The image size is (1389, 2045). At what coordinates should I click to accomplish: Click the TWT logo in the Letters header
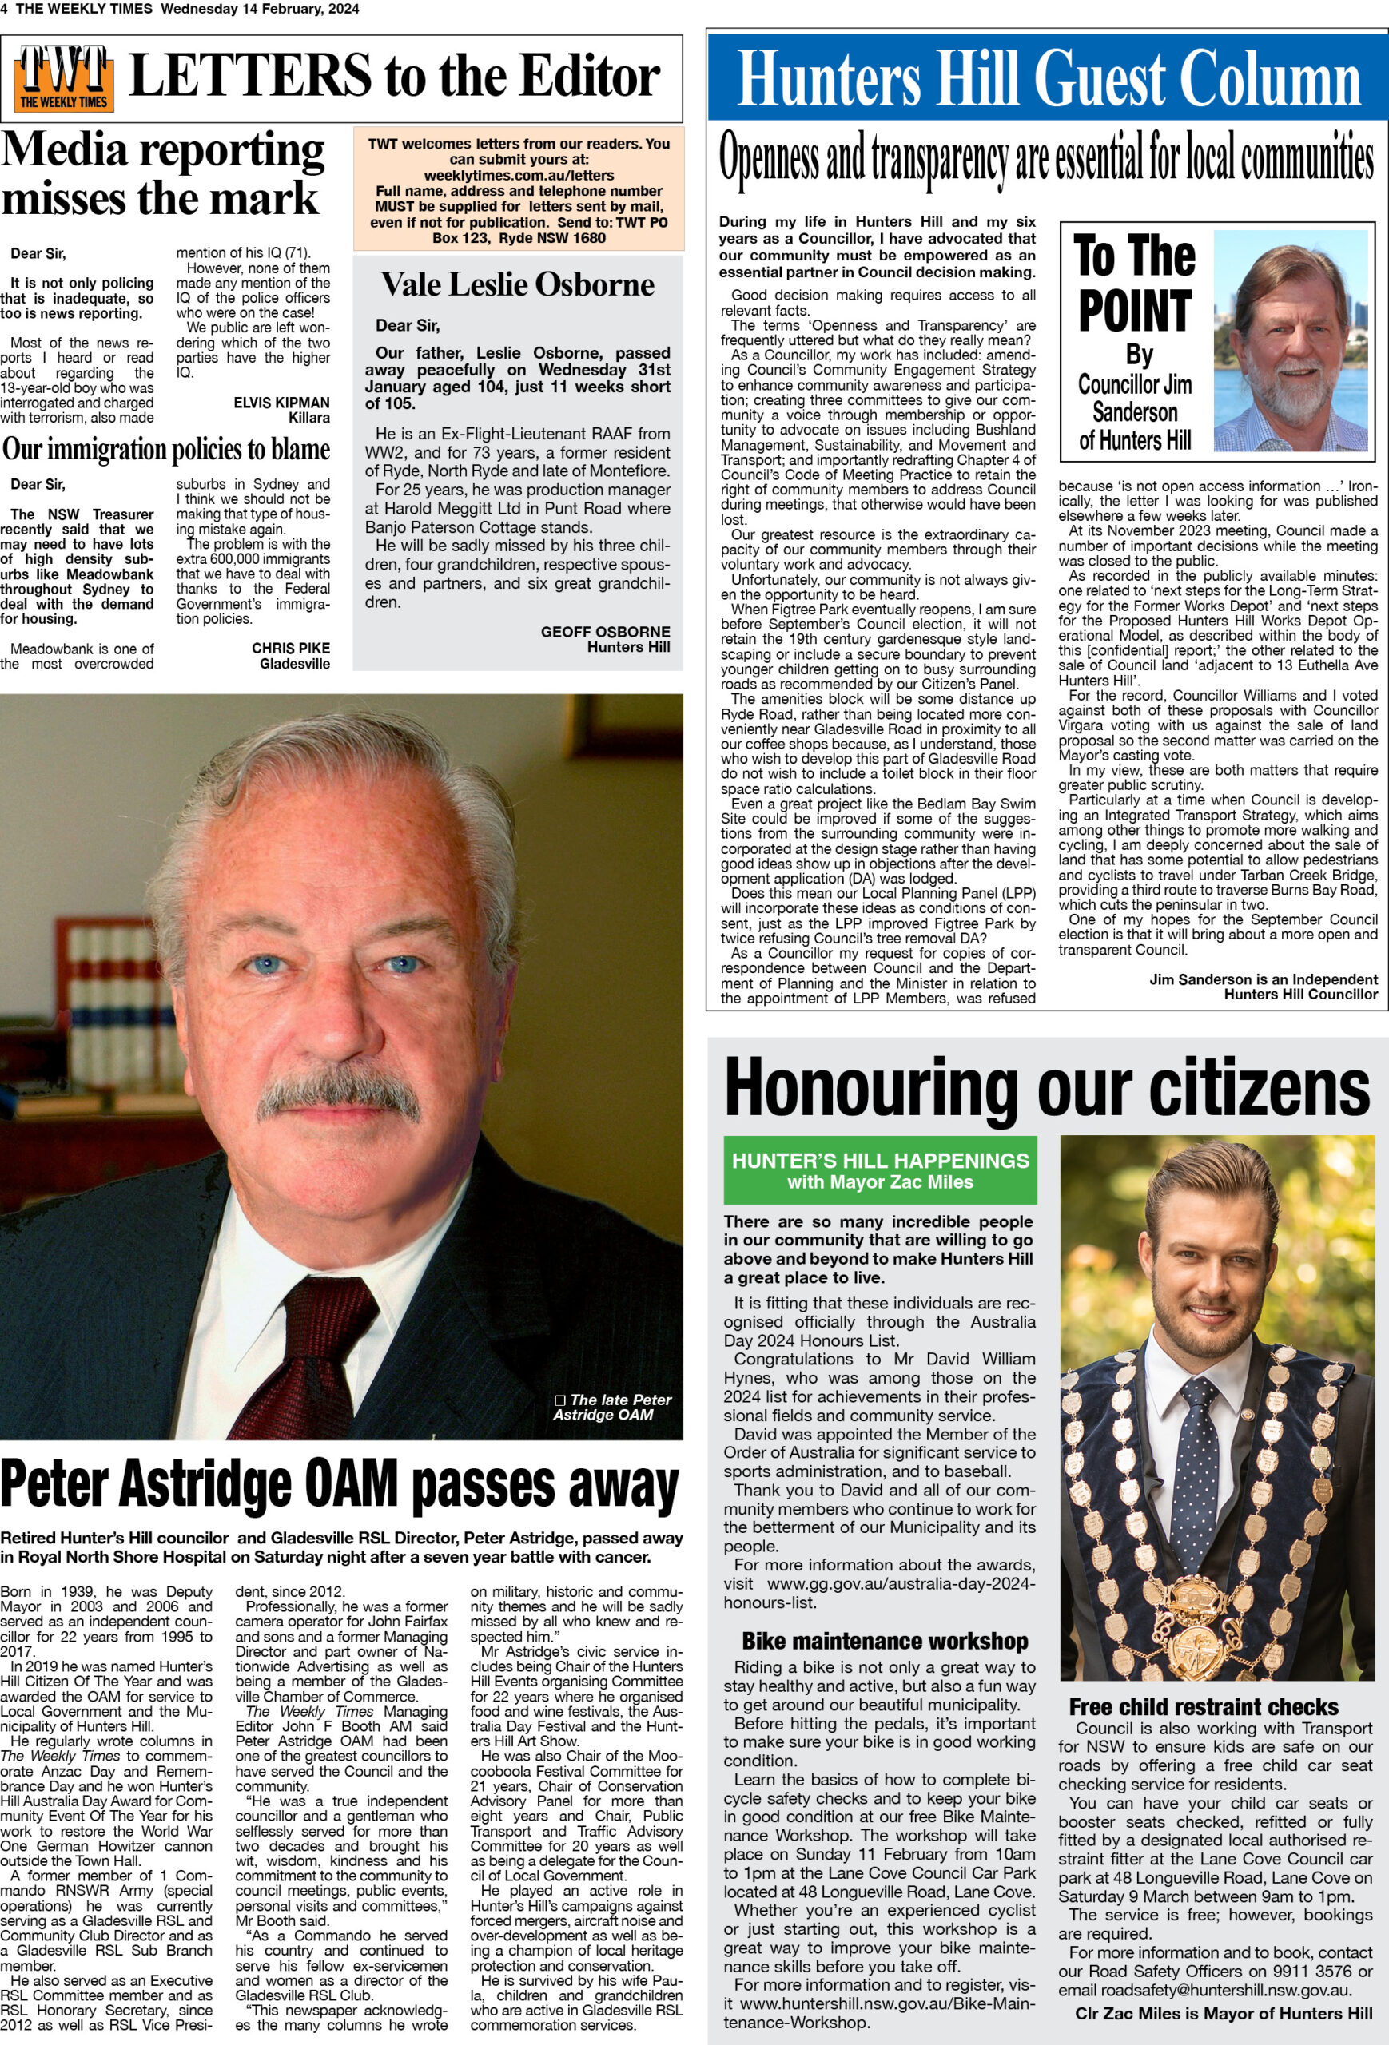[x=63, y=77]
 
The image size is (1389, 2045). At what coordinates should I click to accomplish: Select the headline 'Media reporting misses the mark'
[x=163, y=173]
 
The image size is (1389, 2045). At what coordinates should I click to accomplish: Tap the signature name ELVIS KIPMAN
[x=281, y=402]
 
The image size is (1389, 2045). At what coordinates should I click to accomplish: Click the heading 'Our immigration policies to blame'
[x=165, y=449]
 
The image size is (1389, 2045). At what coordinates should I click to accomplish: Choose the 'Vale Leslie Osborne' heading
[x=518, y=284]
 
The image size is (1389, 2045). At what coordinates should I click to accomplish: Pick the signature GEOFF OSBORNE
[x=605, y=632]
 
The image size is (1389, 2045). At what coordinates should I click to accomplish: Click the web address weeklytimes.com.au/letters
[x=519, y=175]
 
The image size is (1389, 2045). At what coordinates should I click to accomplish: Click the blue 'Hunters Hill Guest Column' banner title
[x=1048, y=77]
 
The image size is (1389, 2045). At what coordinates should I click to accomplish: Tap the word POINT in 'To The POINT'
[x=1134, y=311]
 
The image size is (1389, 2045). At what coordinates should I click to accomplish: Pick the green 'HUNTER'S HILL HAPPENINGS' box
[x=879, y=1170]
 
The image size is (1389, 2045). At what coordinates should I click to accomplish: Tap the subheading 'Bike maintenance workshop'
[x=885, y=1641]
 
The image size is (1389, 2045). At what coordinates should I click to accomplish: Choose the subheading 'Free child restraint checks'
[x=1204, y=1706]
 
